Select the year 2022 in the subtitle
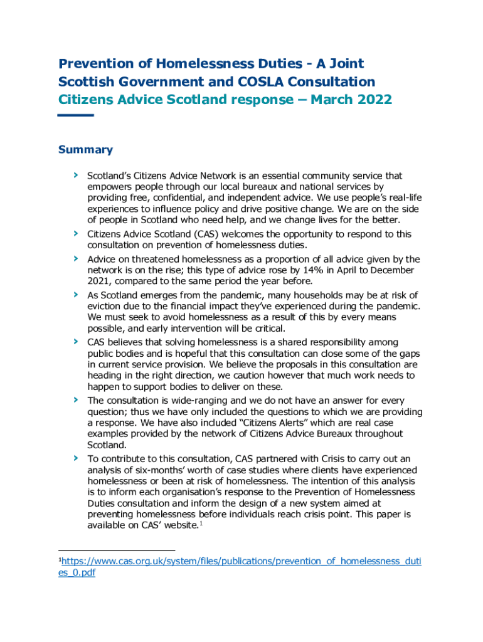(374, 100)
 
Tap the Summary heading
(85, 149)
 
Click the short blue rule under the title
(75, 115)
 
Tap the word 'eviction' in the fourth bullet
(106, 306)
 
